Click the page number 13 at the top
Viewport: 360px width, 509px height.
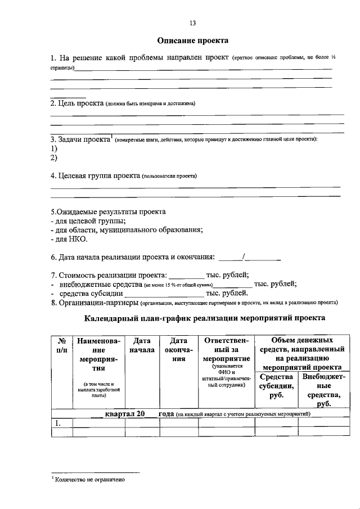coord(192,23)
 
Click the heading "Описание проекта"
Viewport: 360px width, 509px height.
coord(192,40)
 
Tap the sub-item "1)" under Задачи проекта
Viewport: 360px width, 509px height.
coord(54,148)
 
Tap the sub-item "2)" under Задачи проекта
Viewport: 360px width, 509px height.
coord(54,158)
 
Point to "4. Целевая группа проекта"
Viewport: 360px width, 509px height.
coord(95,175)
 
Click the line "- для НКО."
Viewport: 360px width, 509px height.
coord(69,239)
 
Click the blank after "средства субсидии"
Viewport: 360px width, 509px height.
coord(164,293)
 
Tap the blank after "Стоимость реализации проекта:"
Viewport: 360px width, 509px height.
coord(187,275)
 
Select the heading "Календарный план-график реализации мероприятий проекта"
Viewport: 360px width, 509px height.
coord(204,318)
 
